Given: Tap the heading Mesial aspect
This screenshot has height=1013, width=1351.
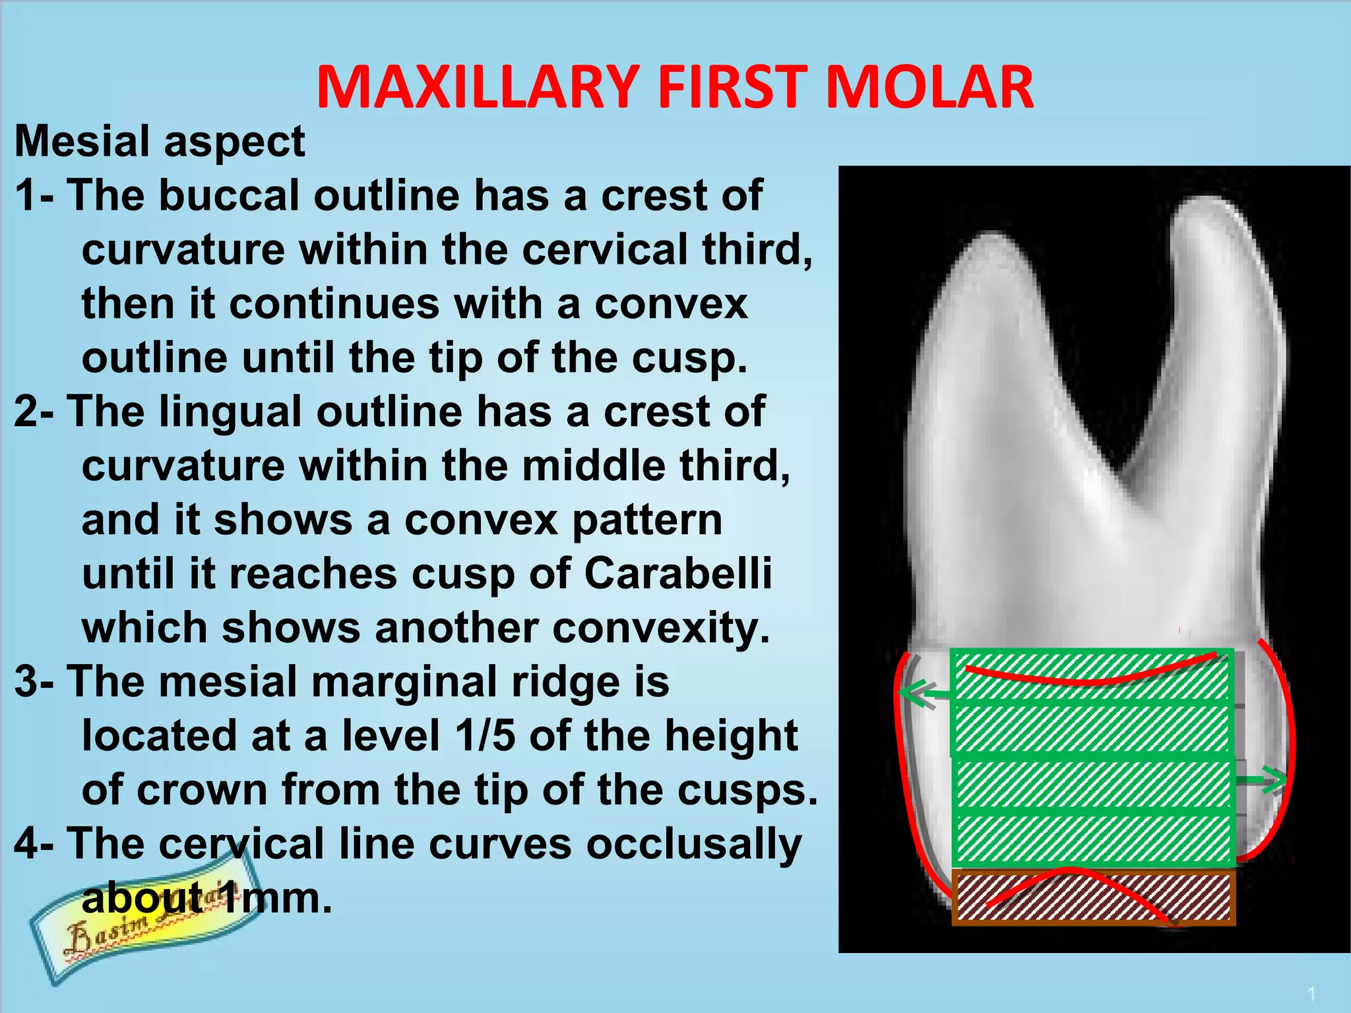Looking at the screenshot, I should click(160, 141).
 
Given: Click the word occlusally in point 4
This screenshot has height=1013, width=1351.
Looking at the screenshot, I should click(694, 844).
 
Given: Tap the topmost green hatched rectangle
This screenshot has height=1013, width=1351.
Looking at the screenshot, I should click(1092, 677).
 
